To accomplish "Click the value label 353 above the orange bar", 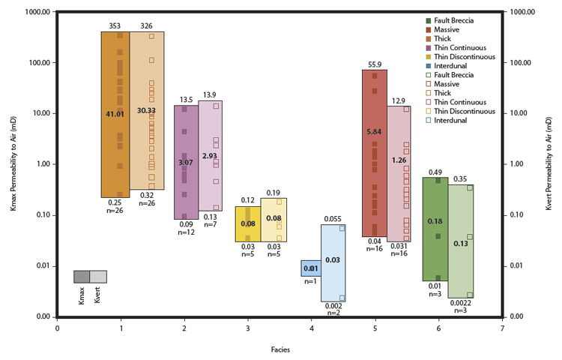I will (x=115, y=26).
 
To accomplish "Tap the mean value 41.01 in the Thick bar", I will (x=115, y=114).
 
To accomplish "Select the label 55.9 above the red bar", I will (x=374, y=64).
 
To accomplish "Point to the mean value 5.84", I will (x=374, y=132).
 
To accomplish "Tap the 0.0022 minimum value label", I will (x=460, y=303).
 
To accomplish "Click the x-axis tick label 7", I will (x=501, y=328).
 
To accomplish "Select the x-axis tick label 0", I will (x=58, y=328).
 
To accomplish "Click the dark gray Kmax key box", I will (x=82, y=277).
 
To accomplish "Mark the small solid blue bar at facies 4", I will (x=311, y=268).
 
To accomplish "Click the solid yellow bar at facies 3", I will (x=247, y=223).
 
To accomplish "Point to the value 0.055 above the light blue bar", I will (x=333, y=219).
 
